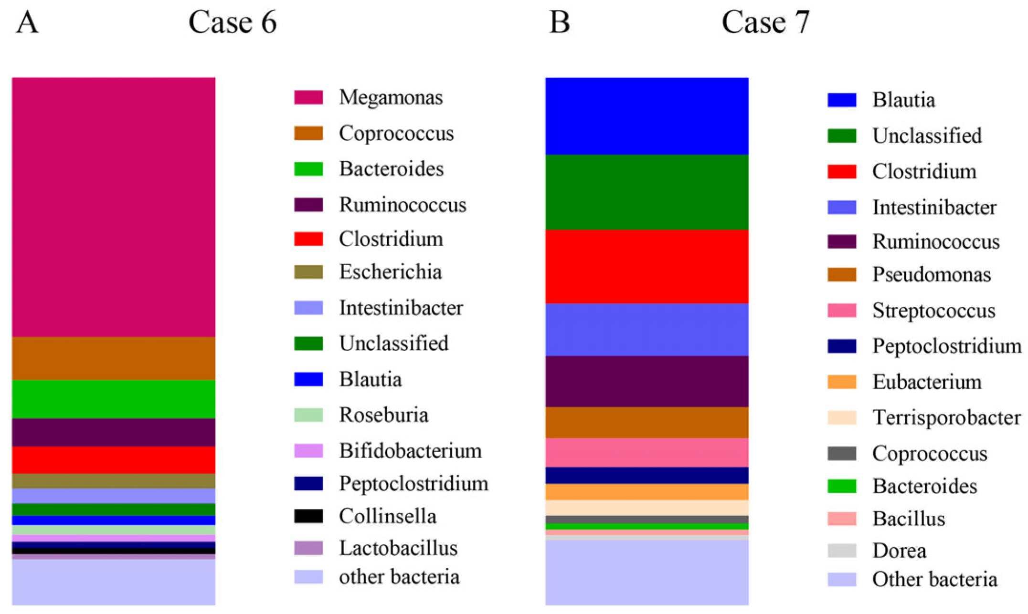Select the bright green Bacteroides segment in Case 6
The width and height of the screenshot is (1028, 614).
click(114, 399)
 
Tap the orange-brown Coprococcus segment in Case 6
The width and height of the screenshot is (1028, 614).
click(114, 358)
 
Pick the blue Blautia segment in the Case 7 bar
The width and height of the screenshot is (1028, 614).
click(647, 116)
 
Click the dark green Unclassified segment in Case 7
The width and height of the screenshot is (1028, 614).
click(647, 192)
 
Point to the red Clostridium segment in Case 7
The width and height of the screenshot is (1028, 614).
click(647, 267)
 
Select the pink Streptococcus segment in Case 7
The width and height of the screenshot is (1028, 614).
click(647, 452)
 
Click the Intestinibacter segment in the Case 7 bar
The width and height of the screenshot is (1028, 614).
click(647, 330)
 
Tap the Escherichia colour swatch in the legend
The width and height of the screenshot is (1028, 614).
click(308, 272)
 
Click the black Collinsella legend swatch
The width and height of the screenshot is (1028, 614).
click(308, 516)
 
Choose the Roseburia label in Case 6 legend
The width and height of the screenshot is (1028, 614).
click(383, 415)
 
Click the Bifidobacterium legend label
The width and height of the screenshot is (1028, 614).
click(410, 451)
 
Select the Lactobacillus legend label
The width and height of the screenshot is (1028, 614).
click(398, 548)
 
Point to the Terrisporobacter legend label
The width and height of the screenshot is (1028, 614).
click(946, 417)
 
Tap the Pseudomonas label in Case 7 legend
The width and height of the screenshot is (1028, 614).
click(932, 275)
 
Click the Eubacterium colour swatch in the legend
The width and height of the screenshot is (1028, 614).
click(842, 382)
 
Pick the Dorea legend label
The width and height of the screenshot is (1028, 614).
click(899, 551)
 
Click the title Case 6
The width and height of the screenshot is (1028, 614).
click(233, 22)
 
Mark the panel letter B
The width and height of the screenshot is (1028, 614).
click(560, 22)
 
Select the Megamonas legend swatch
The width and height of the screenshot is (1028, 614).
click(308, 97)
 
